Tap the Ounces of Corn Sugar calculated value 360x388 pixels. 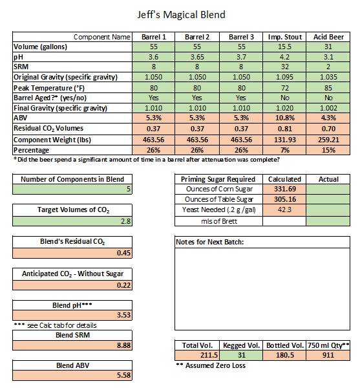284,189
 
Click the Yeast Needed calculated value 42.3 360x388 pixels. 284,210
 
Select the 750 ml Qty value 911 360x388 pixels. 329,356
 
